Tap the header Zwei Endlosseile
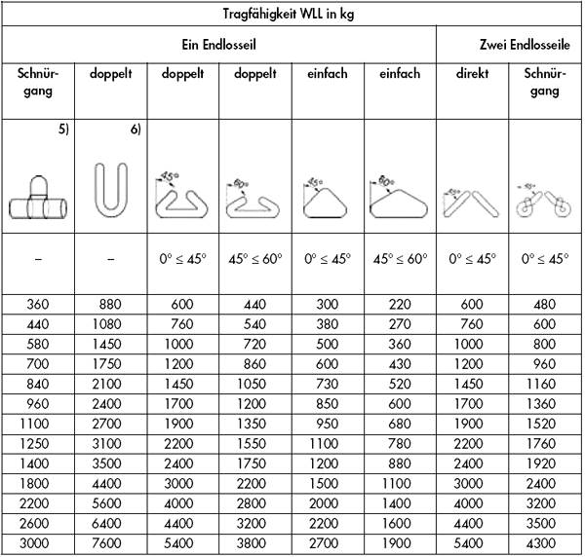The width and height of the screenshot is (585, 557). (x=510, y=45)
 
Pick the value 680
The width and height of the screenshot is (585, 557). (x=400, y=423)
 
